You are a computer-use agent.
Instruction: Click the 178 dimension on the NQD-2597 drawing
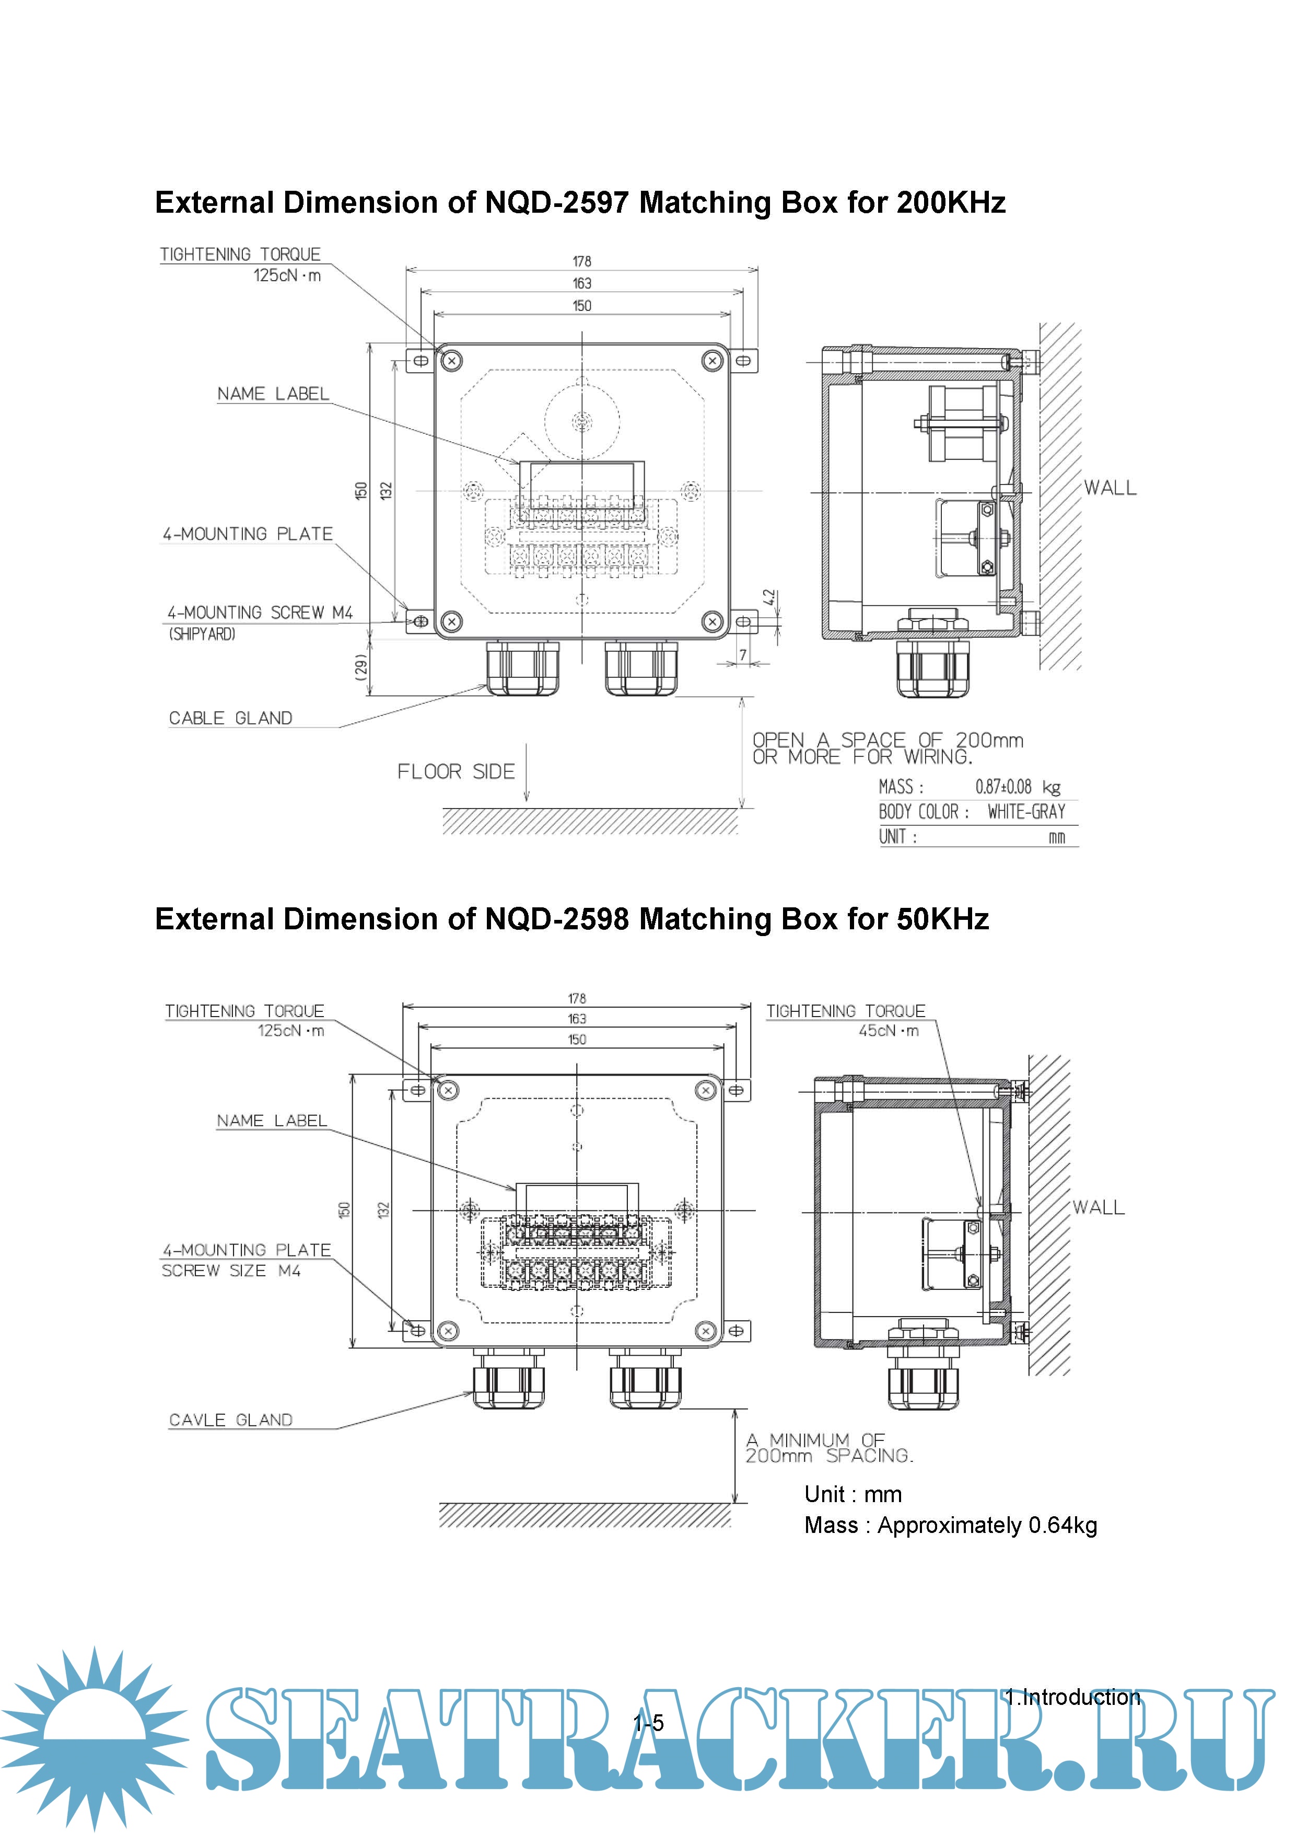tap(581, 261)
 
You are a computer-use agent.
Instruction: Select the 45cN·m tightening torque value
tap(888, 1031)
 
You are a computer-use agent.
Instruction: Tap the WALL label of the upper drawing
tap(1110, 488)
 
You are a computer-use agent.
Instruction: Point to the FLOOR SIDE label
tap(456, 771)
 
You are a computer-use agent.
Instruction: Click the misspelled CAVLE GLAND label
tap(231, 1420)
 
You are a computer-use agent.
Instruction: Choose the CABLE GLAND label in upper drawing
tap(231, 718)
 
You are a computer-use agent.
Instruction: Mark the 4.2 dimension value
tap(768, 597)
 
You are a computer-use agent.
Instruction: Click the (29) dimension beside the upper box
tap(361, 667)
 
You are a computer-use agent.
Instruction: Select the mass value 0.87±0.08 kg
tap(1018, 787)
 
